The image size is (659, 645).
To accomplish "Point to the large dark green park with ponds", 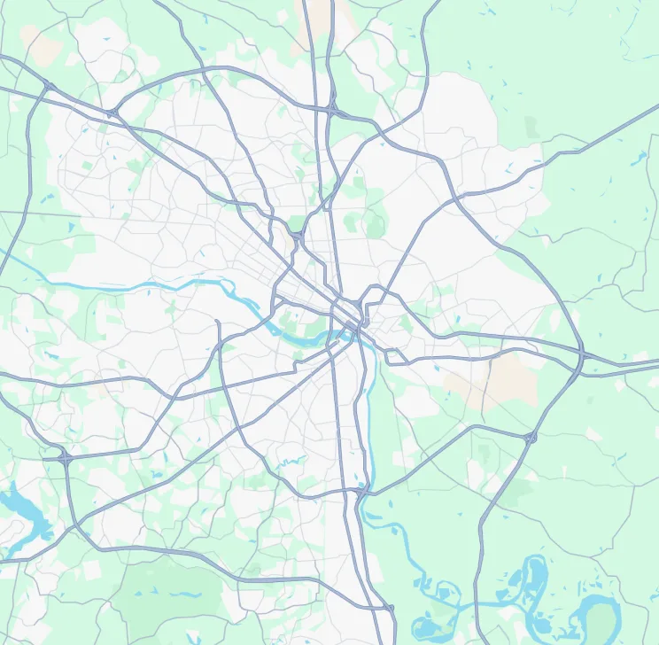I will click(x=168, y=594).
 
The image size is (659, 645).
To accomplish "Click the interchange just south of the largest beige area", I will click(x=531, y=437).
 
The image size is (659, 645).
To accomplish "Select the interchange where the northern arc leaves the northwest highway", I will click(x=112, y=113).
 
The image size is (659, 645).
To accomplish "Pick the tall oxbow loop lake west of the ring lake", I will click(x=535, y=576).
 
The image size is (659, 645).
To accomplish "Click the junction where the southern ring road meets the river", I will click(x=363, y=488).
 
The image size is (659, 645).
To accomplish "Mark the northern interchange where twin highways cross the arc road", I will click(x=332, y=108).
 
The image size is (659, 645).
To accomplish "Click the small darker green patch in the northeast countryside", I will click(x=531, y=126).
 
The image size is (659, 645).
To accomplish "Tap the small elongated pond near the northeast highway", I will click(x=638, y=159).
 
